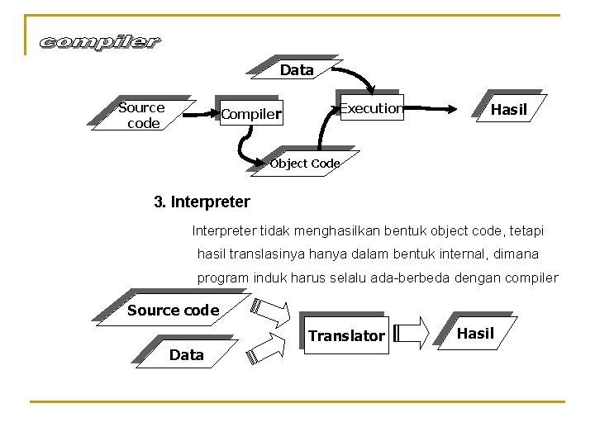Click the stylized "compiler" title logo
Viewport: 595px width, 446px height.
(x=100, y=42)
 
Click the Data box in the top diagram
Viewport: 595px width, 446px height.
(x=297, y=70)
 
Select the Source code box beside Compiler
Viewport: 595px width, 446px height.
(x=141, y=115)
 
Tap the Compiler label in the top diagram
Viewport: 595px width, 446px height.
(x=252, y=113)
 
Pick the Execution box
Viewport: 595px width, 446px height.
(x=372, y=108)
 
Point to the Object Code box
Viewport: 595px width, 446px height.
(x=305, y=164)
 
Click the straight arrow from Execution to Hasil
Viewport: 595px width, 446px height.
(x=430, y=108)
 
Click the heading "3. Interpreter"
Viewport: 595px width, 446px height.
(x=202, y=202)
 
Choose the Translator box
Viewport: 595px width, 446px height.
(x=346, y=335)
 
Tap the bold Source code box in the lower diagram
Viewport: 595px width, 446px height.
(x=173, y=311)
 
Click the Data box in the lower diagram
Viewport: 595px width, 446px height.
(x=186, y=355)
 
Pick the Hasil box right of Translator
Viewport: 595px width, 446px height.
(x=476, y=333)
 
